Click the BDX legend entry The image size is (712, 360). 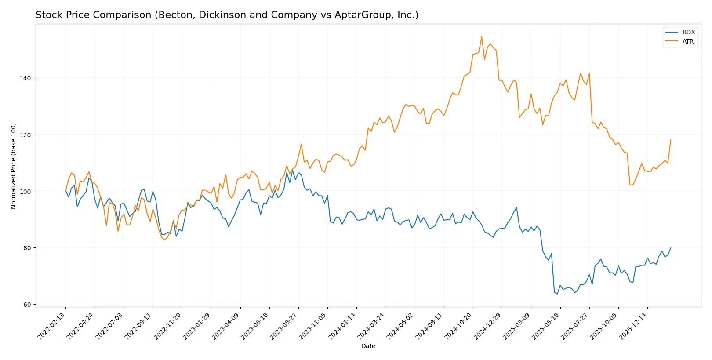point(688,32)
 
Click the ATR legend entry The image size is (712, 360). point(688,41)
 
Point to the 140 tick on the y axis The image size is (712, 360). point(25,78)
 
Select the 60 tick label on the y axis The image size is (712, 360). point(27,305)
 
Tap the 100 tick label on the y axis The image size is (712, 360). point(25,192)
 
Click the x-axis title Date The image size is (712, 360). point(368,346)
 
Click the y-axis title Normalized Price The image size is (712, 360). point(14,166)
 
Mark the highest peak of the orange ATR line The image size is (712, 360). point(482,36)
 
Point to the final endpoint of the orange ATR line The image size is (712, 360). point(671,140)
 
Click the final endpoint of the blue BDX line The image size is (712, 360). point(671,248)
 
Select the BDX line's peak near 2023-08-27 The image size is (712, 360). point(293,170)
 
